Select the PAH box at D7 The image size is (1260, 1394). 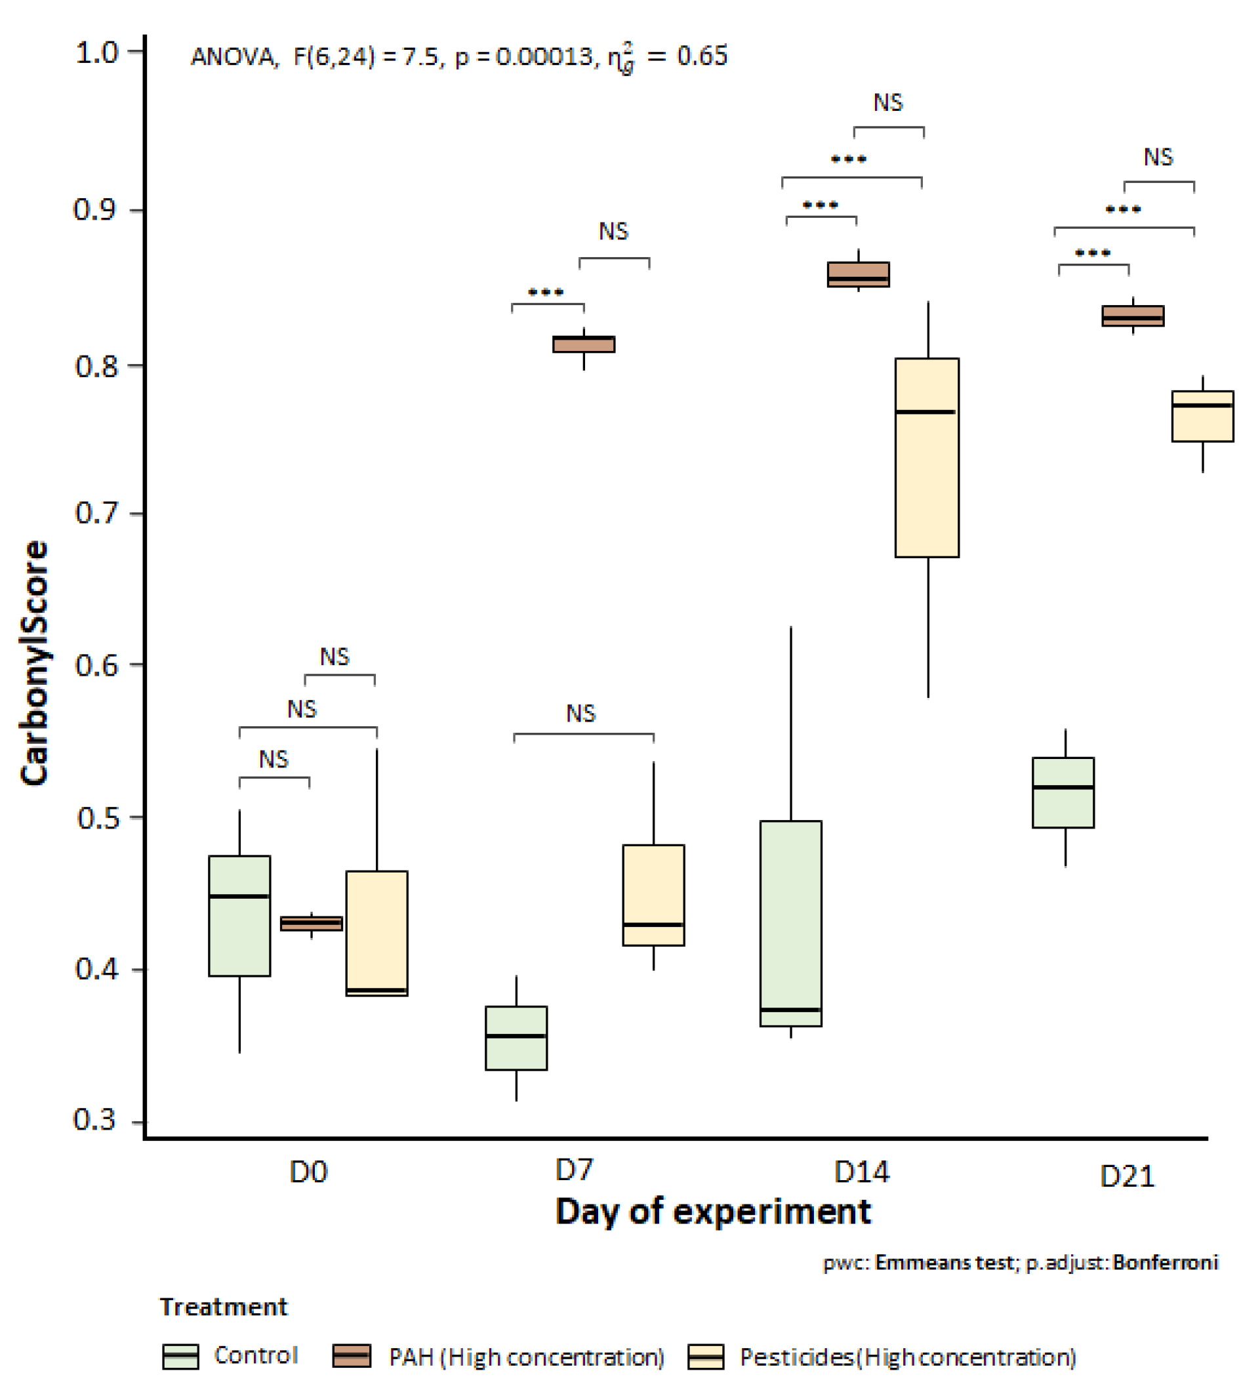coord(583,344)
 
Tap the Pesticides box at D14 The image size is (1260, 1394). coord(926,457)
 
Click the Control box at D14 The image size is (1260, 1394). coord(790,922)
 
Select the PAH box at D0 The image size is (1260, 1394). coord(310,922)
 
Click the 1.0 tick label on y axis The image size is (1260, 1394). coord(96,52)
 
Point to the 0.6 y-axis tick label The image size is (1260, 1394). coord(96,665)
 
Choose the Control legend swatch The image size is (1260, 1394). coord(180,1356)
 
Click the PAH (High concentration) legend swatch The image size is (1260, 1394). coord(352,1356)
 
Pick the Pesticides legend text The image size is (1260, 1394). coord(907,1357)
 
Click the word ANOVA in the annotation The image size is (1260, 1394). coord(232,56)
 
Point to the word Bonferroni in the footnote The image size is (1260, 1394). coord(1165,1263)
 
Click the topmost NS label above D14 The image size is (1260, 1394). coord(887,103)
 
